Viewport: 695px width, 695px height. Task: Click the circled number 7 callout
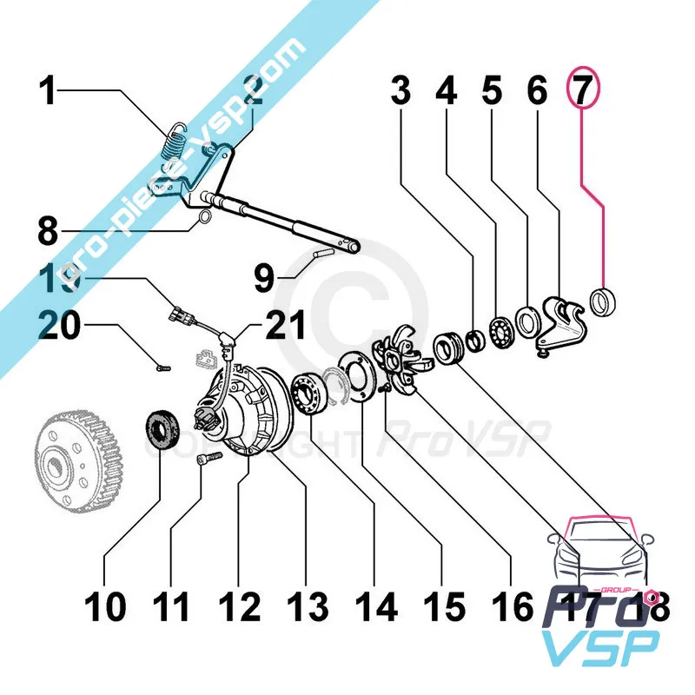coord(580,90)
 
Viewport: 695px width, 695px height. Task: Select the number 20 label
coord(64,328)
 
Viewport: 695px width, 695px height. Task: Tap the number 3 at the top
coord(400,90)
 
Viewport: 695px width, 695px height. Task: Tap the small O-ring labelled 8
coord(204,217)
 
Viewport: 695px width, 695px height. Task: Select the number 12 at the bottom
coord(239,606)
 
